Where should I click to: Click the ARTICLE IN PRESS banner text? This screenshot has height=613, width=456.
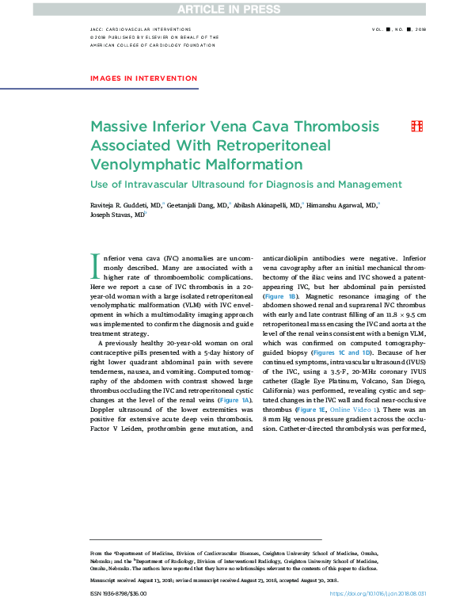[x=227, y=9]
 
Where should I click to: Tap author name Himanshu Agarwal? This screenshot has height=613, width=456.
[x=342, y=204]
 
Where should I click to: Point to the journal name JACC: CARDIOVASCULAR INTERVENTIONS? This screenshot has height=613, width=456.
[x=137, y=29]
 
